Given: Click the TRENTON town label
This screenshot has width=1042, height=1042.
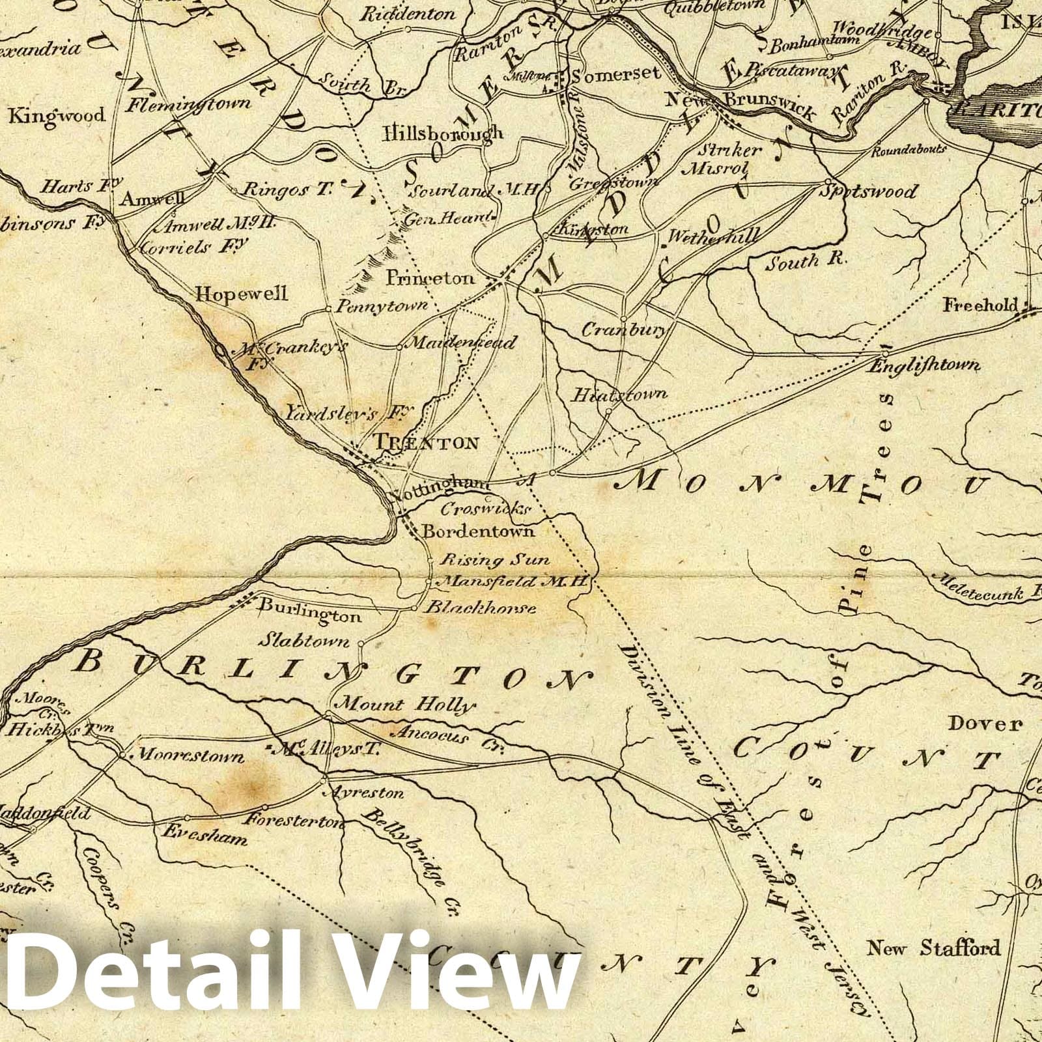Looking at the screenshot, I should (x=427, y=444).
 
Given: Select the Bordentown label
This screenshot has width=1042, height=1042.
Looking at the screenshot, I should (x=478, y=531).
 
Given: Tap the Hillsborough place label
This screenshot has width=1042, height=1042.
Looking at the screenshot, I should (x=444, y=133).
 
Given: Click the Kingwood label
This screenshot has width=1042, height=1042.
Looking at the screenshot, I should (x=56, y=117).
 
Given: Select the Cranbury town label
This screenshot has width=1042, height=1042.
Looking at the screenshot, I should (x=623, y=330).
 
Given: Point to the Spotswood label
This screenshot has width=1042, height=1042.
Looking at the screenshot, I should (x=869, y=191).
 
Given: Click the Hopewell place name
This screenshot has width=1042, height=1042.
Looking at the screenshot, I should (x=242, y=294).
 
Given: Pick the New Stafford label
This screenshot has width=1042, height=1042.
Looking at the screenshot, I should (x=933, y=948).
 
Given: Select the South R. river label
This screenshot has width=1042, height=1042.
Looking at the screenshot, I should (x=805, y=262).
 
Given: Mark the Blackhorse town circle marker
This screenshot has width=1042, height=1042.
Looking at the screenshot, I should (x=414, y=609).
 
